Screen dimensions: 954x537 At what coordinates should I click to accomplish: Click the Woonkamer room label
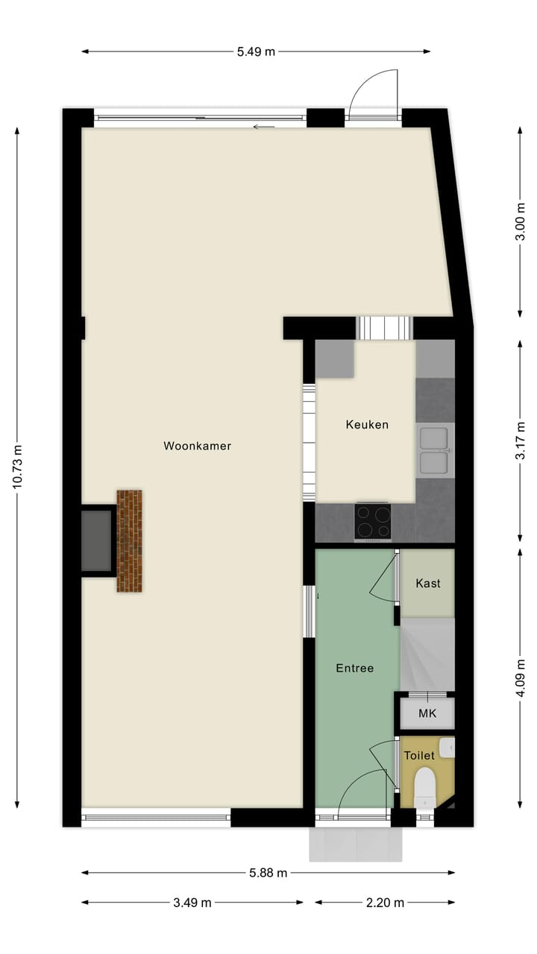[198, 446]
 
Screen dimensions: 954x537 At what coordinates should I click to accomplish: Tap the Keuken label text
[367, 425]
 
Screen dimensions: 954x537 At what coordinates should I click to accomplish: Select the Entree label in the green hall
[354, 669]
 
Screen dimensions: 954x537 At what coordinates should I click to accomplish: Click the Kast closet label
[427, 584]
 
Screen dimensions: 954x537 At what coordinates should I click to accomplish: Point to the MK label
[427, 714]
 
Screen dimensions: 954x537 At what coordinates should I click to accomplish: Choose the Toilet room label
[418, 756]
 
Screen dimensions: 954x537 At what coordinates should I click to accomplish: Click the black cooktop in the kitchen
[372, 521]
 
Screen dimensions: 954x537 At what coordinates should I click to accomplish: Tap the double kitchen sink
[433, 451]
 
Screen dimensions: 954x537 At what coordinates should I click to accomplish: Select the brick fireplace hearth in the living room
[129, 541]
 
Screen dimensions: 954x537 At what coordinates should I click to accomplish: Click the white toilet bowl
[424, 787]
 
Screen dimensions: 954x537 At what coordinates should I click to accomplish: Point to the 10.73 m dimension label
[17, 467]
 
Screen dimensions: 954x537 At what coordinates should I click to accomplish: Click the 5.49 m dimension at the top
[256, 51]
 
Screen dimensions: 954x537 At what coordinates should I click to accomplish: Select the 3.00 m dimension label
[521, 221]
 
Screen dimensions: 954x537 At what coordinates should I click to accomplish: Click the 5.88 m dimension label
[267, 873]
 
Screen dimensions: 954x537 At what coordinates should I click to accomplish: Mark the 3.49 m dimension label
[192, 903]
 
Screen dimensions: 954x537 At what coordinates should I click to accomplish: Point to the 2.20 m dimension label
[385, 903]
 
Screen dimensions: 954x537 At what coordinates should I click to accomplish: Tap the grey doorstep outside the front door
[356, 844]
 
